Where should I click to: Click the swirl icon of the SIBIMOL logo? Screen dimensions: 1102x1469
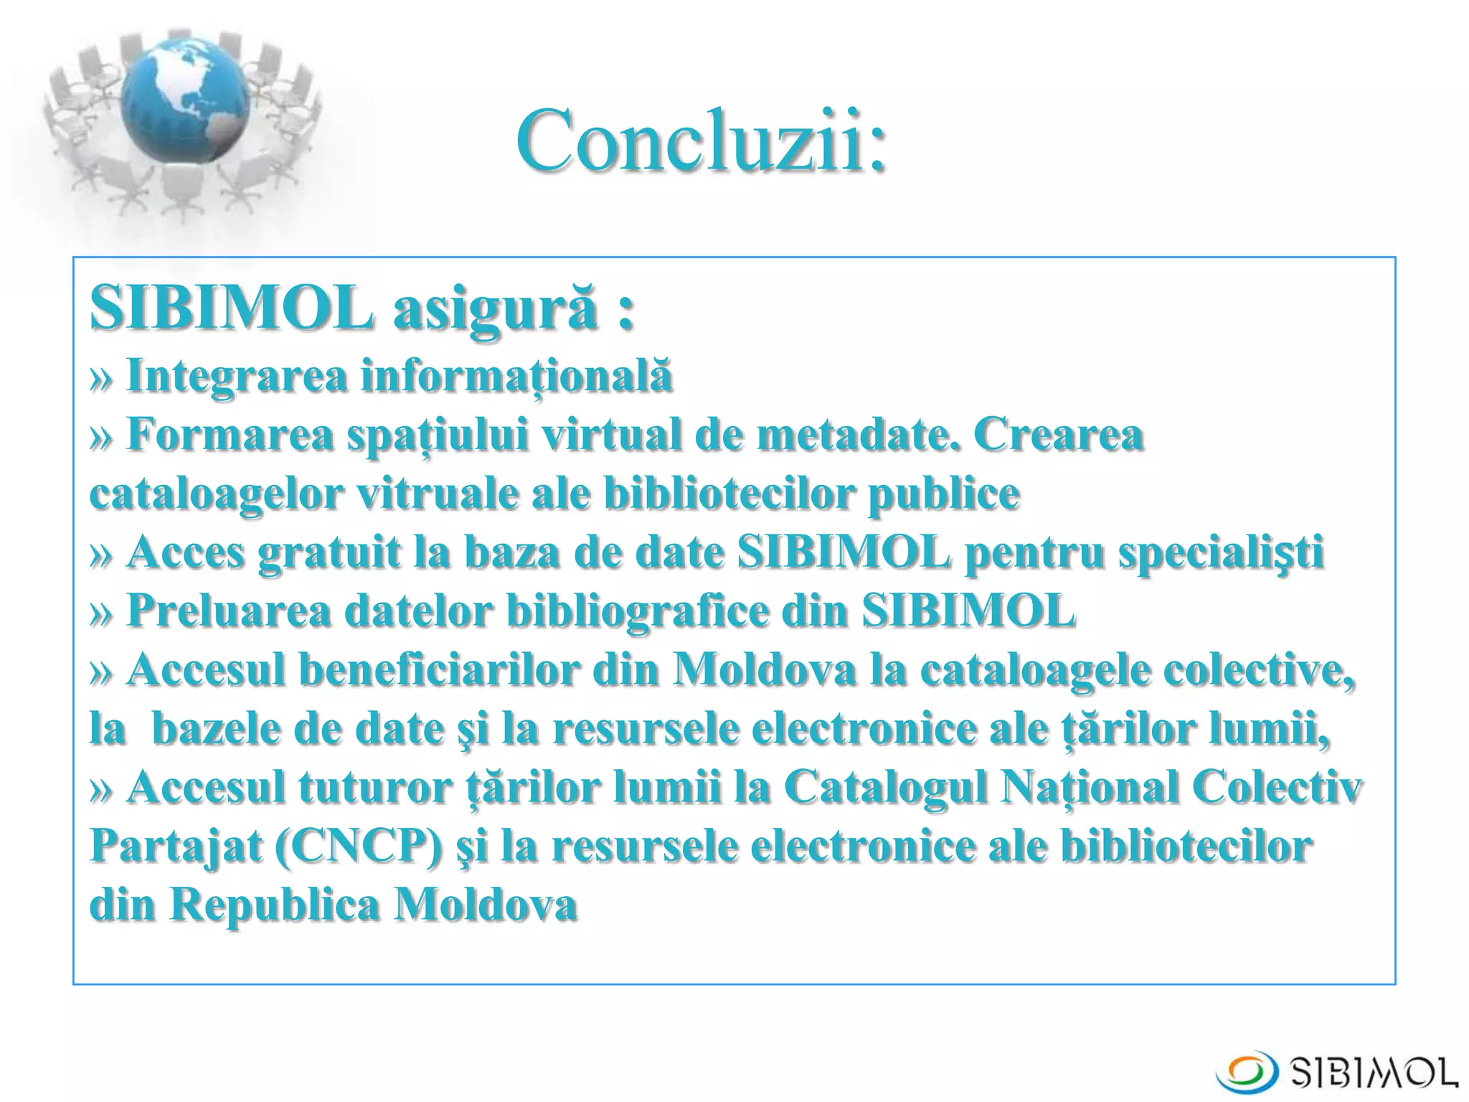point(1247,1071)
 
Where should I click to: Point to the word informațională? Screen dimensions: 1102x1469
point(516,376)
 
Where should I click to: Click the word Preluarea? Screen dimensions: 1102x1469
point(229,611)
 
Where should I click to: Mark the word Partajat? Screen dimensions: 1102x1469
point(176,847)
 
